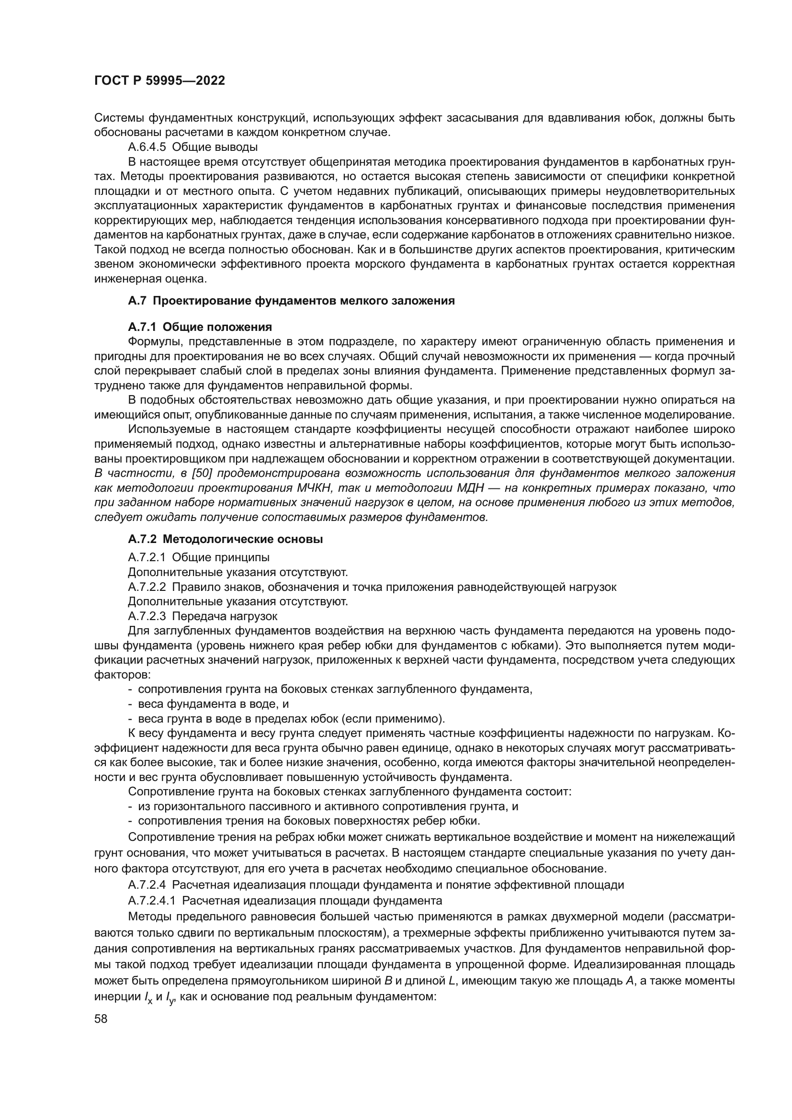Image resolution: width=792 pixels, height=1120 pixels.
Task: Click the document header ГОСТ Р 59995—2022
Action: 159,81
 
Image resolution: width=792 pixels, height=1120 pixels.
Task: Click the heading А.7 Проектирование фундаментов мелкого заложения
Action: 291,301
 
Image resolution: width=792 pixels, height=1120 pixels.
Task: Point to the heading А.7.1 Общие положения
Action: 200,327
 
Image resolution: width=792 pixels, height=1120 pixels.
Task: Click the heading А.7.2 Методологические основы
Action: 226,540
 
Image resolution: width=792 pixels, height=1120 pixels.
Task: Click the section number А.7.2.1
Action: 147,557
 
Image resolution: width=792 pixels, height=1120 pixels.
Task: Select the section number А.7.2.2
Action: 147,587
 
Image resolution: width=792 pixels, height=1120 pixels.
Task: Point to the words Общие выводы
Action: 215,147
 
